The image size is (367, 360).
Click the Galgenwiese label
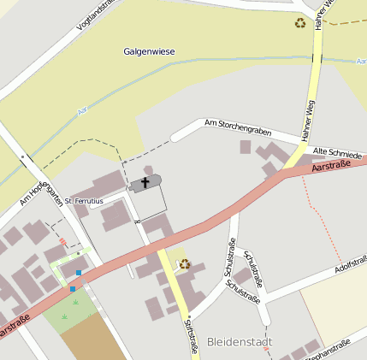[x=149, y=52]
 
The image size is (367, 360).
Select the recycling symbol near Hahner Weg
[x=299, y=23]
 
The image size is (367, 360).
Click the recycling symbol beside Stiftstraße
[x=184, y=263]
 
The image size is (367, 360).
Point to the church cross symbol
[x=145, y=182]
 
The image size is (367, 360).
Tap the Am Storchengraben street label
[x=237, y=129]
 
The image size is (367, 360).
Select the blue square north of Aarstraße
[x=79, y=273]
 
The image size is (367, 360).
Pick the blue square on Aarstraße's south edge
[x=72, y=289]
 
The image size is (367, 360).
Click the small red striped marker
[x=62, y=242]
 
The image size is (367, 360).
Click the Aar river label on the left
[x=82, y=110]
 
